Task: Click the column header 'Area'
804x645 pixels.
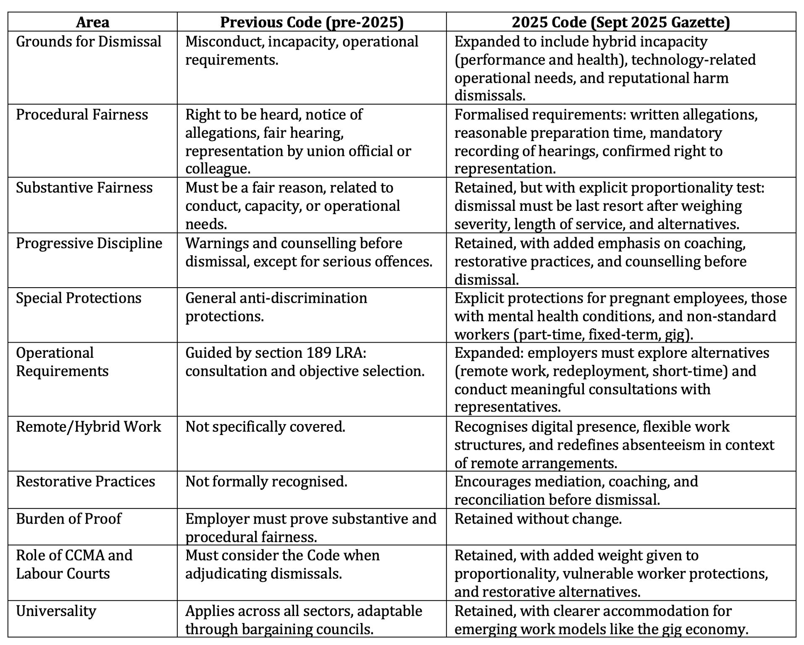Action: [x=92, y=22]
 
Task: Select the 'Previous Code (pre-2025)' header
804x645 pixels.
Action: [x=311, y=22]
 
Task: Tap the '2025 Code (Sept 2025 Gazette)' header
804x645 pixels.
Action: [x=620, y=22]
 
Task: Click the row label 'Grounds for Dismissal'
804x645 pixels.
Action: [x=89, y=42]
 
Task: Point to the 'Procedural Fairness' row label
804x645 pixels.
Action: [x=82, y=115]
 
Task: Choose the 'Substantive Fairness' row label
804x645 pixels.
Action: [x=84, y=187]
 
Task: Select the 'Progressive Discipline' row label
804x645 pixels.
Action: [x=89, y=243]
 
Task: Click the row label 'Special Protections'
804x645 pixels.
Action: [x=79, y=298]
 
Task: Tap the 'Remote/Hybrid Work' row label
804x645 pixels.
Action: [x=88, y=427]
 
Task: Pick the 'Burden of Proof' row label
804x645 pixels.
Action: [x=68, y=519]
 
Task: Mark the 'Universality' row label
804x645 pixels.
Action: [x=56, y=611]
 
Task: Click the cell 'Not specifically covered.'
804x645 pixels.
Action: [x=265, y=427]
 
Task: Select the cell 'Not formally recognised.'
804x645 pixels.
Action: [x=266, y=481]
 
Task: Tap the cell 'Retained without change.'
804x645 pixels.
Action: [x=538, y=519]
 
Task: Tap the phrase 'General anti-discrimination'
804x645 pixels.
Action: [x=276, y=298]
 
